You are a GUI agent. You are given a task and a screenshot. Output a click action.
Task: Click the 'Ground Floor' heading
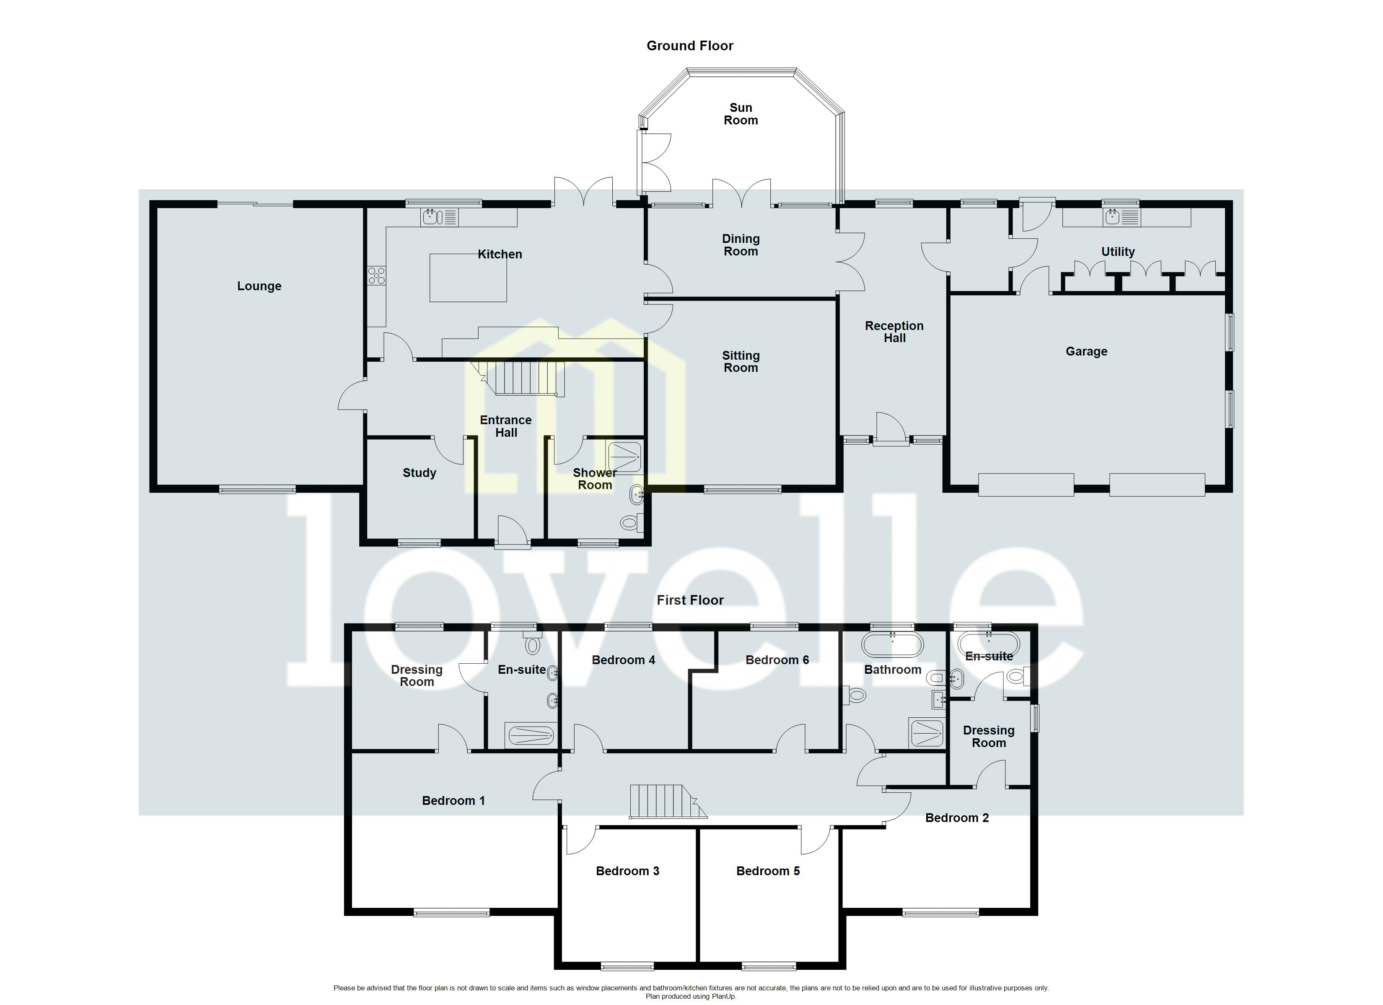(690, 46)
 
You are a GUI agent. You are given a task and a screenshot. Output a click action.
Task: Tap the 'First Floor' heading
(690, 600)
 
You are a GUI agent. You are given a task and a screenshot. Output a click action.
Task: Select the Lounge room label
(259, 286)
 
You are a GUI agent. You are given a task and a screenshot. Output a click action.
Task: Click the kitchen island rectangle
(468, 278)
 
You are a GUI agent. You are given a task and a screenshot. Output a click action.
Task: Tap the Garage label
(1086, 352)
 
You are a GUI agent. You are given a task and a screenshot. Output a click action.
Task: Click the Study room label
(419, 473)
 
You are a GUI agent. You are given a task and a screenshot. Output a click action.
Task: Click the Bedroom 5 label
(768, 871)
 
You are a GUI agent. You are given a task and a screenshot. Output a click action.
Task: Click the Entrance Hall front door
(512, 531)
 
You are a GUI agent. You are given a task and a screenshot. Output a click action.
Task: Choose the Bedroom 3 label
(627, 871)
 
